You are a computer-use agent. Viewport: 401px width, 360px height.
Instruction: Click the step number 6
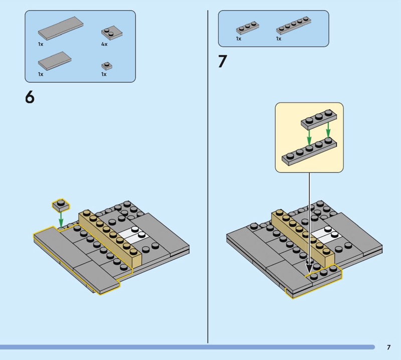tap(30, 97)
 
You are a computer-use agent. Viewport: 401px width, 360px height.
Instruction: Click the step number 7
tap(223, 62)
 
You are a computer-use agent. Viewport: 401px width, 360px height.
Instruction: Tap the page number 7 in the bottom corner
tap(388, 347)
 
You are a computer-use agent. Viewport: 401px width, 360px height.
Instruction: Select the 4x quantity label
tap(104, 45)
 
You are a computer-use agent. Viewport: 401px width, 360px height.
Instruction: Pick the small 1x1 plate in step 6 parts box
tap(105, 66)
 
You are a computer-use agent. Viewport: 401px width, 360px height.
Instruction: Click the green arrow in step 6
tap(61, 219)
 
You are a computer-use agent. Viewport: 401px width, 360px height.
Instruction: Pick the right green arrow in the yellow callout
tap(328, 129)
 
